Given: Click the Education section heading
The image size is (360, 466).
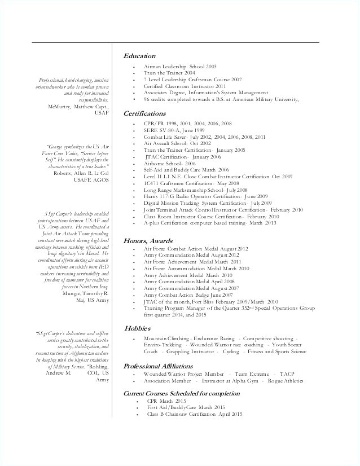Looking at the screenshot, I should (x=139, y=56).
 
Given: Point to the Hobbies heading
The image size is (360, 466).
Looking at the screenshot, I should (x=138, y=328).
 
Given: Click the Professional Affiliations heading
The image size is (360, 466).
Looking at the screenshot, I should (x=163, y=364).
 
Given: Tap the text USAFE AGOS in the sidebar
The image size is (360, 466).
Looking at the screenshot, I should (x=91, y=180).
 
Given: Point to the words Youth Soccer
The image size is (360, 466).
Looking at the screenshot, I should (x=287, y=344).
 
